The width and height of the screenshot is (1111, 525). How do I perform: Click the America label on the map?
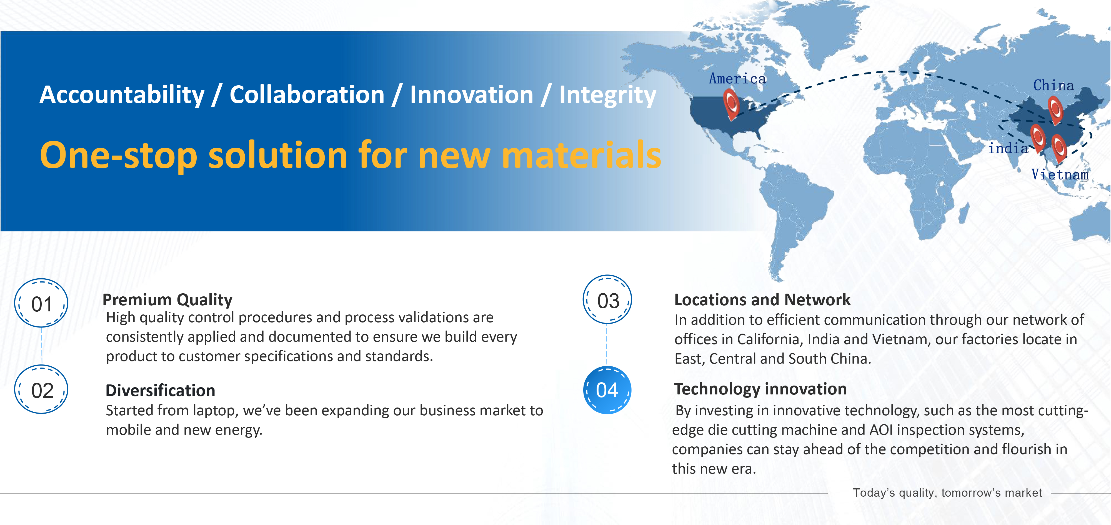pyautogui.click(x=737, y=79)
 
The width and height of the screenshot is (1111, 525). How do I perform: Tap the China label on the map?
pyautogui.click(x=1053, y=85)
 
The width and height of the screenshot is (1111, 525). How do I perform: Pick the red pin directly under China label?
pyautogui.click(x=1055, y=110)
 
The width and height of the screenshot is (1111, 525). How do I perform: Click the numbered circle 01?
pyautogui.click(x=41, y=303)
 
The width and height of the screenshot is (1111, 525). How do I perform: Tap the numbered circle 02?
pyautogui.click(x=41, y=389)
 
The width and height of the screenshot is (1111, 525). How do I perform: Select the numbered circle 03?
pyautogui.click(x=607, y=299)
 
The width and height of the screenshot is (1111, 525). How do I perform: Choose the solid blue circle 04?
pyautogui.click(x=607, y=390)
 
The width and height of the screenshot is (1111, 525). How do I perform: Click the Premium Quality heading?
pyautogui.click(x=167, y=299)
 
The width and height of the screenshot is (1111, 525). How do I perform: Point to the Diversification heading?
pyautogui.click(x=161, y=390)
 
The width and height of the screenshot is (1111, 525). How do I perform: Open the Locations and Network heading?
pyautogui.click(x=762, y=299)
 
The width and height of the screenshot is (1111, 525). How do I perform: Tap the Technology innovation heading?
pyautogui.click(x=760, y=389)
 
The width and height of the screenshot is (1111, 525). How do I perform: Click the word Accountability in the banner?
pyautogui.click(x=122, y=95)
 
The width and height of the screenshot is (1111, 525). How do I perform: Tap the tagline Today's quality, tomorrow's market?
pyautogui.click(x=947, y=493)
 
